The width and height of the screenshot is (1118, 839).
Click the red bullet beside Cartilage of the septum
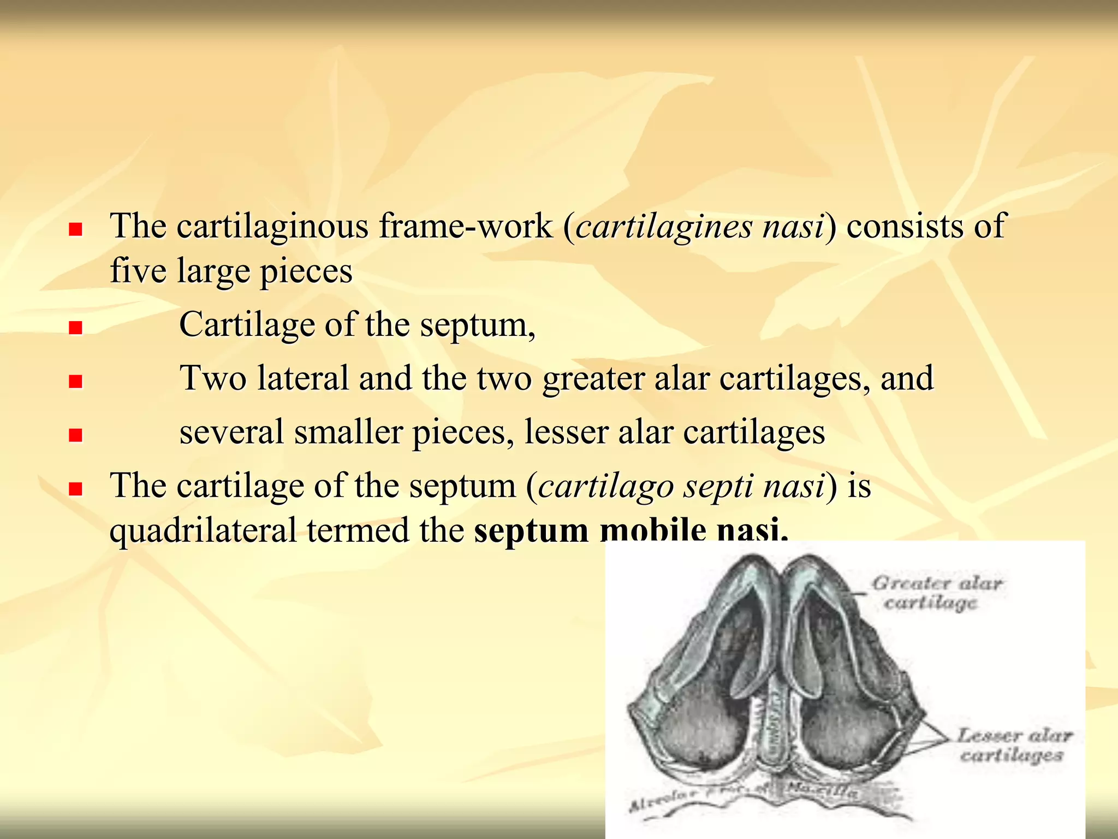(x=75, y=328)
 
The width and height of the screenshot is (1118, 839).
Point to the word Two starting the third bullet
(x=213, y=378)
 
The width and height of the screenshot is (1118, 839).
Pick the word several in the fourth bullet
(x=231, y=432)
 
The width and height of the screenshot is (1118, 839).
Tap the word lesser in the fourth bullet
(x=566, y=432)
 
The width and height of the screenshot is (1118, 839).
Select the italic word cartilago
(x=605, y=486)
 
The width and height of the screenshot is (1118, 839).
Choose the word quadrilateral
(x=203, y=530)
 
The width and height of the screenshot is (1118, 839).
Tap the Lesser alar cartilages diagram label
(x=1013, y=745)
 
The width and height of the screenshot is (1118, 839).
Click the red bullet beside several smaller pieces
(x=75, y=435)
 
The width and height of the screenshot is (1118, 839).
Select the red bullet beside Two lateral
(x=75, y=381)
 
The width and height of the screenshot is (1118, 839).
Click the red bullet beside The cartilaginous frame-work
(x=75, y=229)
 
